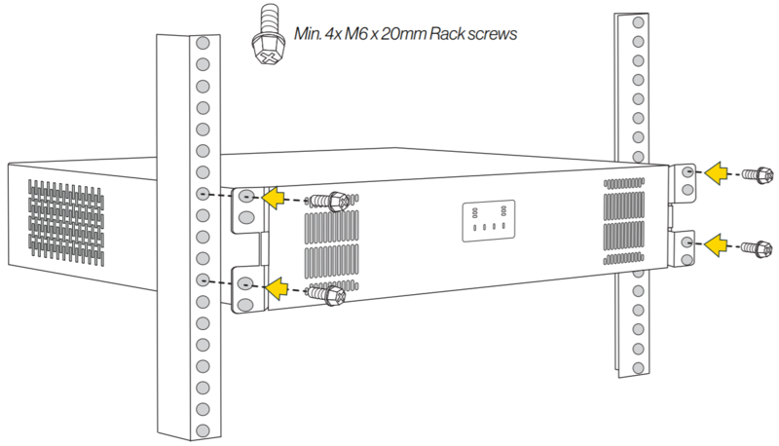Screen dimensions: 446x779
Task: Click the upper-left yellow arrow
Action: point(276,198)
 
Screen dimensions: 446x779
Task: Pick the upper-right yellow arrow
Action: point(719,173)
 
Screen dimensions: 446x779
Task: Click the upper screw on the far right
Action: point(755,174)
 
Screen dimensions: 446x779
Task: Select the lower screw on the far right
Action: point(755,246)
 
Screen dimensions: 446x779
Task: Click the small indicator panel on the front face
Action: point(488,221)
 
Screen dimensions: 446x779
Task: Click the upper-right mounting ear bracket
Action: point(686,181)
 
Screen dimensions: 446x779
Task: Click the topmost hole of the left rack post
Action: point(202,45)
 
